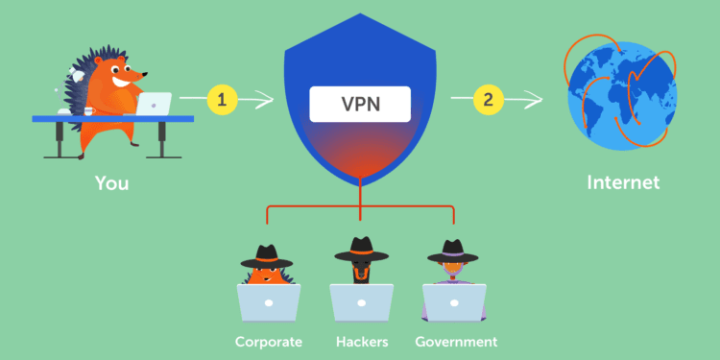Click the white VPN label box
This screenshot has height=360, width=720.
(360, 103)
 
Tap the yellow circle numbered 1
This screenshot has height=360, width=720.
(223, 98)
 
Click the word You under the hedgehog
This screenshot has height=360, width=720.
(112, 181)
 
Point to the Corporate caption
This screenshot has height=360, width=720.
(269, 341)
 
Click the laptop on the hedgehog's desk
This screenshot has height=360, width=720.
(154, 104)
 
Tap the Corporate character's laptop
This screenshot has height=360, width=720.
(269, 302)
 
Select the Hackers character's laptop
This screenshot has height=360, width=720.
(361, 302)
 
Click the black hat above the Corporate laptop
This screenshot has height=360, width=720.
(266, 255)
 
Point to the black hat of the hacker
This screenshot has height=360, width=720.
(360, 252)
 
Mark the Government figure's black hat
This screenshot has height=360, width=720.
(452, 252)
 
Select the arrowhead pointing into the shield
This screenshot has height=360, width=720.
(271, 98)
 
